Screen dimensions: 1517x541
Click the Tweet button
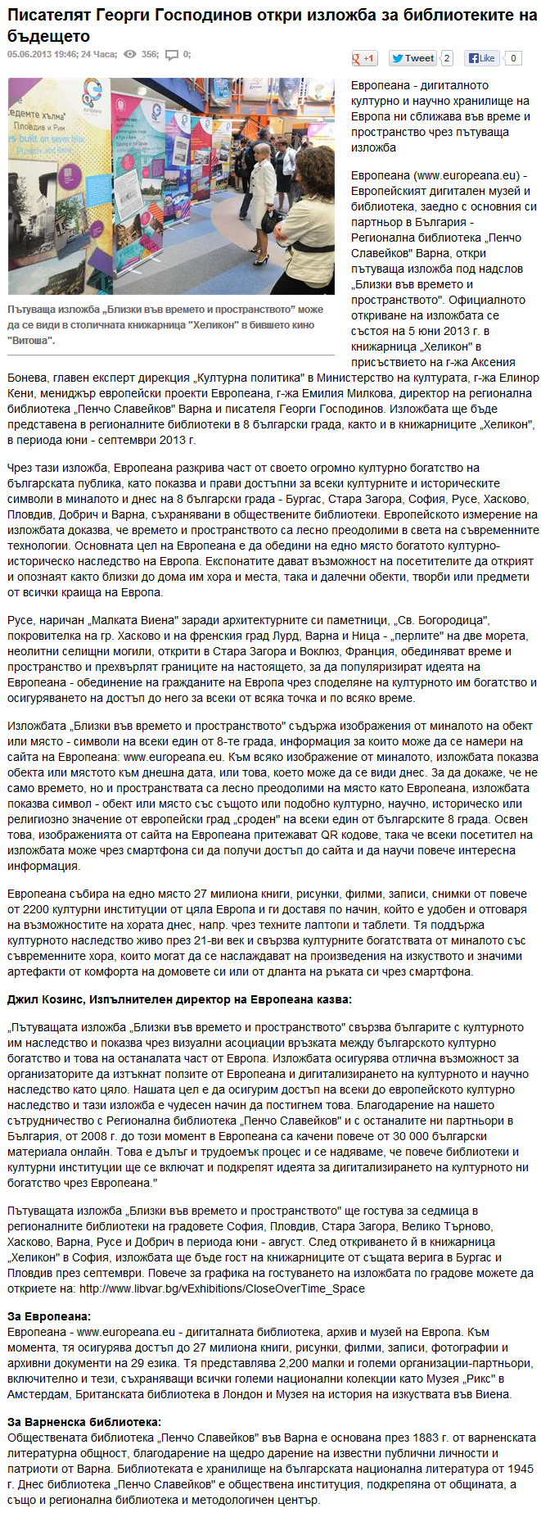(413, 58)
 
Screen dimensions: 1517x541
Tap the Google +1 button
(363, 58)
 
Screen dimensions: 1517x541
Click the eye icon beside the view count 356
(130, 55)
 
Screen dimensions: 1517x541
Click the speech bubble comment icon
(172, 55)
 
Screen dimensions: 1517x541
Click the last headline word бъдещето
(48, 36)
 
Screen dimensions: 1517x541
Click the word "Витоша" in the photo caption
(32, 340)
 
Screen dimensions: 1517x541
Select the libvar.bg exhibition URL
(222, 1288)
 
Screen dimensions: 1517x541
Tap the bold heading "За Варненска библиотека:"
(84, 1421)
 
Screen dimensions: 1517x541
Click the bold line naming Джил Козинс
(179, 999)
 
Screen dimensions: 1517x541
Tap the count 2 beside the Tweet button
(446, 58)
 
